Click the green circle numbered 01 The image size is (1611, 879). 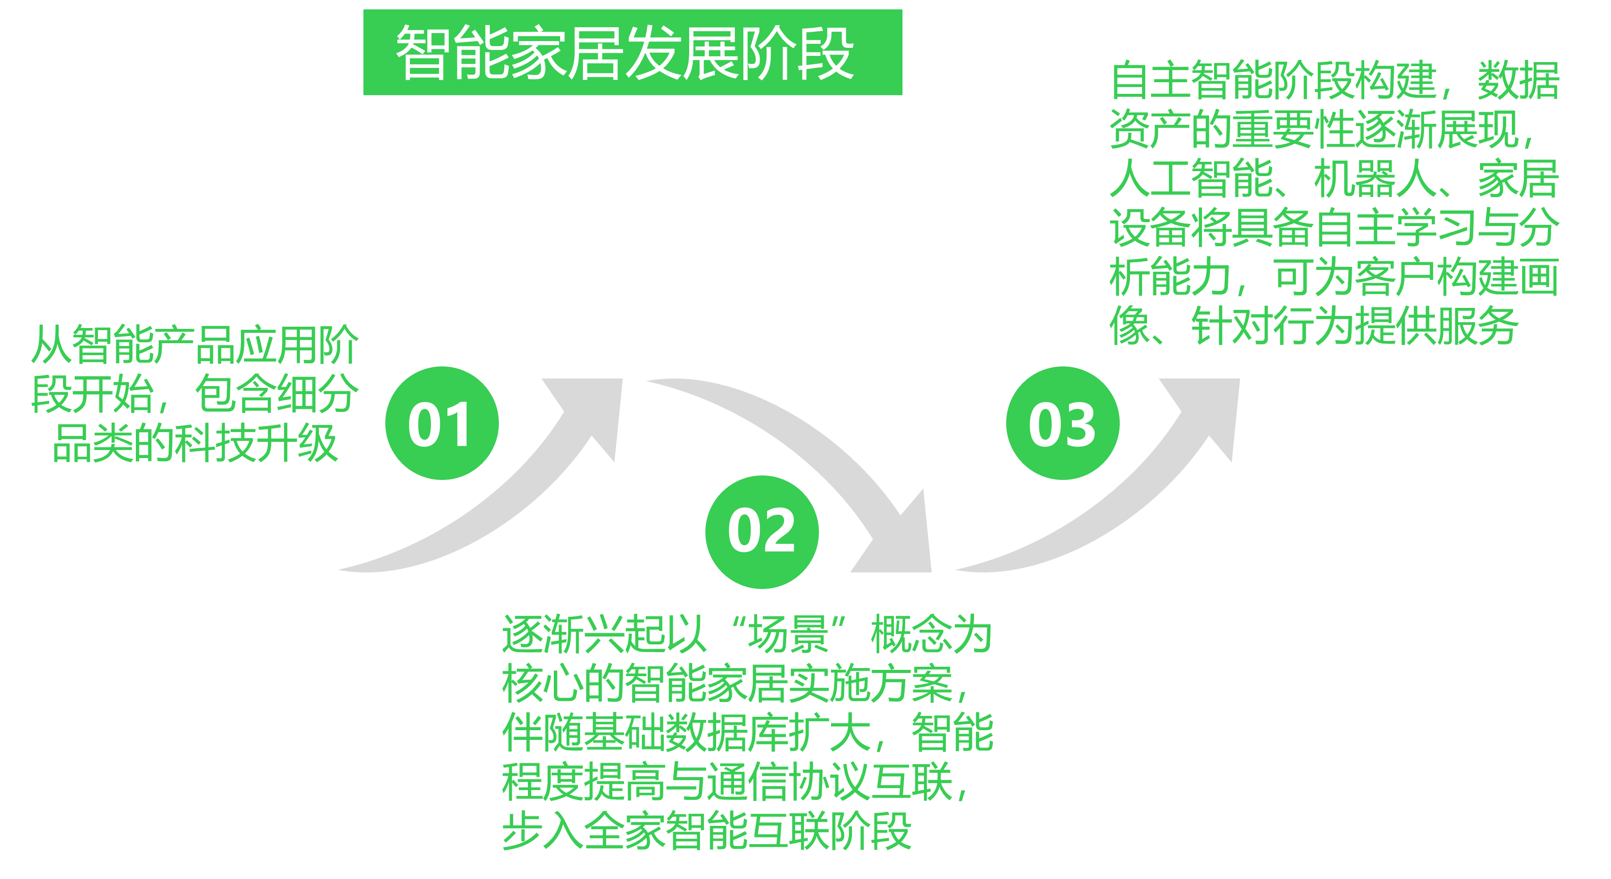point(442,423)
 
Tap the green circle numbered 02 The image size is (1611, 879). point(762,532)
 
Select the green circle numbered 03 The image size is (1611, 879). point(1063,423)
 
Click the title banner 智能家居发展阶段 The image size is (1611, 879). point(632,53)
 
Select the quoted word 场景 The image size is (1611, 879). point(789,634)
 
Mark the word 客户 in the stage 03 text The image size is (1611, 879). point(1395,277)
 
